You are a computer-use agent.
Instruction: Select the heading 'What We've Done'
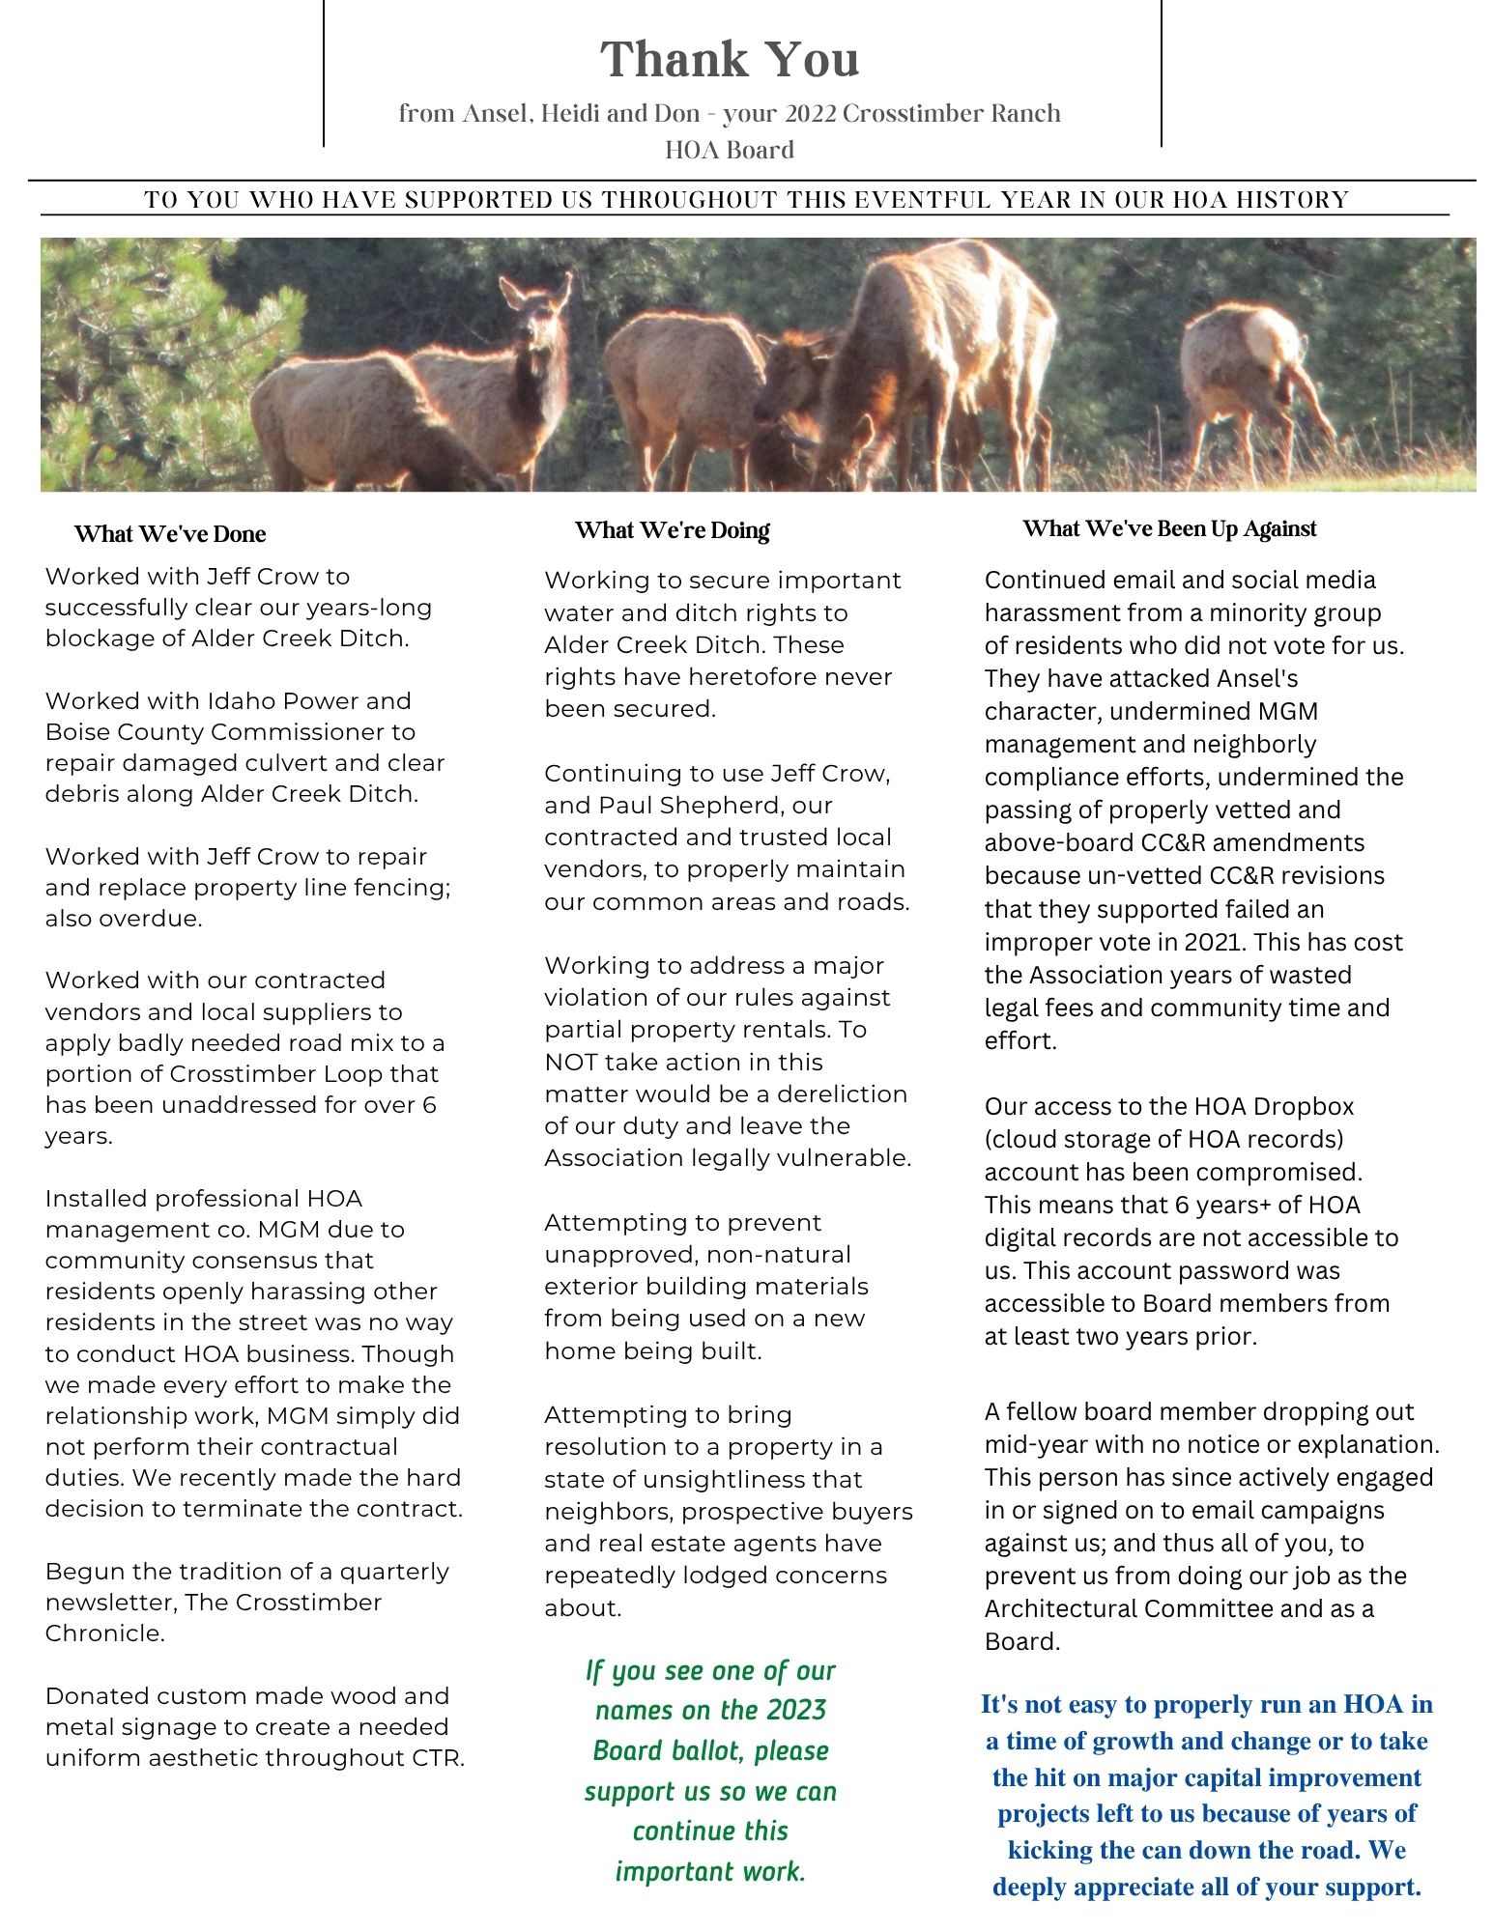click(x=169, y=534)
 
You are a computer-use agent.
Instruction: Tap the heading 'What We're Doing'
click(x=672, y=530)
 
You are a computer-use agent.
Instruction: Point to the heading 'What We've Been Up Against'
click(x=1169, y=528)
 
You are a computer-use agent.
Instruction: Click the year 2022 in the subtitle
click(x=810, y=114)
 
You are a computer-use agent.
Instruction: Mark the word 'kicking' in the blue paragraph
click(x=1048, y=1850)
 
